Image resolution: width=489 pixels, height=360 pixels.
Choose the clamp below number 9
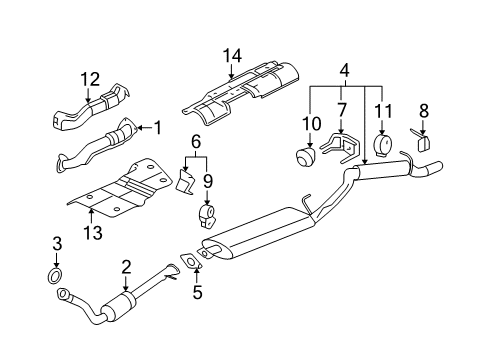click(208, 217)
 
